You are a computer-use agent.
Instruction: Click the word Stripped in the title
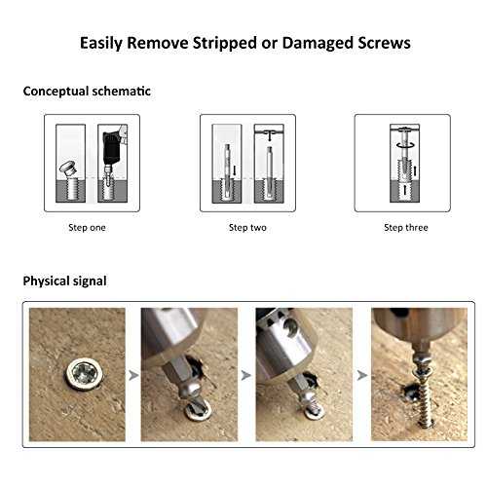pos(225,44)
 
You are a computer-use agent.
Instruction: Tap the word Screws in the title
pos(384,43)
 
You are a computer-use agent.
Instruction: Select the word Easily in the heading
pos(101,44)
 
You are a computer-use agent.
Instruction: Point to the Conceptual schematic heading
pos(87,92)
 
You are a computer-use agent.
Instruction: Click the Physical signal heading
pos(64,281)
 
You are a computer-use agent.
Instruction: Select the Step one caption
pos(87,228)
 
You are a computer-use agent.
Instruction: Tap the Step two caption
pos(247,228)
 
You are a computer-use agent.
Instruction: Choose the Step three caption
pos(406,228)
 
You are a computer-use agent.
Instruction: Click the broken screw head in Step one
pos(68,168)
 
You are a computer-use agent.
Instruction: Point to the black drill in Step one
pos(111,148)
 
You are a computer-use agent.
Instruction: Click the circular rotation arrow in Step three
pos(405,145)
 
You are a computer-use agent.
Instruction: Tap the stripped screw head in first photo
pos(85,374)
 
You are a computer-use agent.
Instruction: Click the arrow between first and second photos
pos(133,376)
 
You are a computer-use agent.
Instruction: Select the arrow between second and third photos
pos(246,376)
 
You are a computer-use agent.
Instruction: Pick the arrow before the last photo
pos(362,376)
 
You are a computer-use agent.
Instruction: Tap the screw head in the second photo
pos(198,410)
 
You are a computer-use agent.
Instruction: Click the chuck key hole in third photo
pos(291,326)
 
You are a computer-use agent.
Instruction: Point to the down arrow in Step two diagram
pos(269,136)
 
